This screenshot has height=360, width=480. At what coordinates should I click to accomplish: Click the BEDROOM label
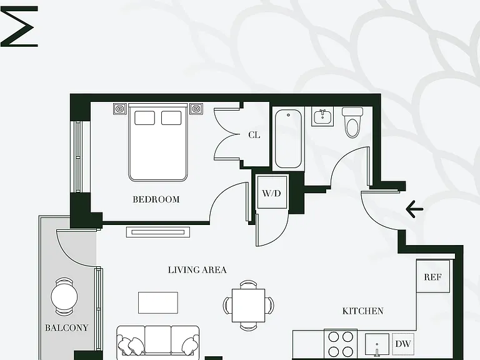coord(156,199)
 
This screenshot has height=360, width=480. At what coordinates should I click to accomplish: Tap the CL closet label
coord(254,135)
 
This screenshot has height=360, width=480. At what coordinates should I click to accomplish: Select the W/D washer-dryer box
coord(272,192)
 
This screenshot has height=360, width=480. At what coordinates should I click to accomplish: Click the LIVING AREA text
coord(197,270)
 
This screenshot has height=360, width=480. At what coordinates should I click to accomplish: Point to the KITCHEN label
coord(362,311)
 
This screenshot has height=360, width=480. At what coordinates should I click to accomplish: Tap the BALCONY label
coord(66,328)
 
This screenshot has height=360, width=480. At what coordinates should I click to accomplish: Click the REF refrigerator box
coord(433,276)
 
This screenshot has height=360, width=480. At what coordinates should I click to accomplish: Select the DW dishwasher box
coord(403,344)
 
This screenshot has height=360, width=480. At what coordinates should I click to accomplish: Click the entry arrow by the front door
coord(414,209)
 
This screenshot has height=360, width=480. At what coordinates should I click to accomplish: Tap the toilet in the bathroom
coord(352,122)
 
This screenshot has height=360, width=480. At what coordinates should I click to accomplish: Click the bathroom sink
coord(322,116)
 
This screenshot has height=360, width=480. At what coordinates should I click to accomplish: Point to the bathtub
coord(288,139)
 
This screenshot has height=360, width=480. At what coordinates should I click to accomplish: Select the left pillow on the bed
coord(144,118)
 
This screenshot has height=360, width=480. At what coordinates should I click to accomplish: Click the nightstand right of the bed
coord(196,109)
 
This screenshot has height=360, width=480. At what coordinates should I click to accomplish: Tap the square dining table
coord(248,305)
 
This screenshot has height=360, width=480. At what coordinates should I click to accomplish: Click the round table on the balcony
coord(64,296)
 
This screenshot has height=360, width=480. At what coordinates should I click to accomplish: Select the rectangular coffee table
coord(158,302)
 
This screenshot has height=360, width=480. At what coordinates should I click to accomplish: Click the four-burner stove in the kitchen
coord(341,344)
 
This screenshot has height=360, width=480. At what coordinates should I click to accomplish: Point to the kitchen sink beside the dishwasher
coord(377,345)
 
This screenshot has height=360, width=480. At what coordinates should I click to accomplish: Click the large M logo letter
coord(19,27)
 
